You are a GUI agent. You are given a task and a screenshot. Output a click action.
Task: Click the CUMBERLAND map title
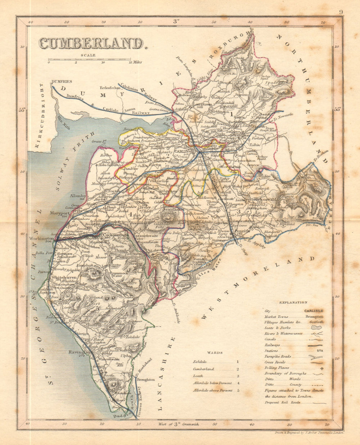pyautogui.click(x=91, y=44)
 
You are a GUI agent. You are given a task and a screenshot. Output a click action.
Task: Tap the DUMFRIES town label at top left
pyautogui.click(x=62, y=82)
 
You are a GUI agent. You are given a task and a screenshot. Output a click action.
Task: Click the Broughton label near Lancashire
pyautogui.click(x=145, y=379)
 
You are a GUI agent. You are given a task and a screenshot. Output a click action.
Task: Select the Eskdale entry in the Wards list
pyautogui.click(x=200, y=361)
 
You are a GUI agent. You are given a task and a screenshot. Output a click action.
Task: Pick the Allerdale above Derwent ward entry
pyautogui.click(x=212, y=390)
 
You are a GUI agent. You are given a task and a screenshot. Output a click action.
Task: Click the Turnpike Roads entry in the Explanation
pyautogui.click(x=278, y=356)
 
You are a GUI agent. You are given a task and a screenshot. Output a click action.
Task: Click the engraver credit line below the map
pyautogui.click(x=309, y=433)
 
